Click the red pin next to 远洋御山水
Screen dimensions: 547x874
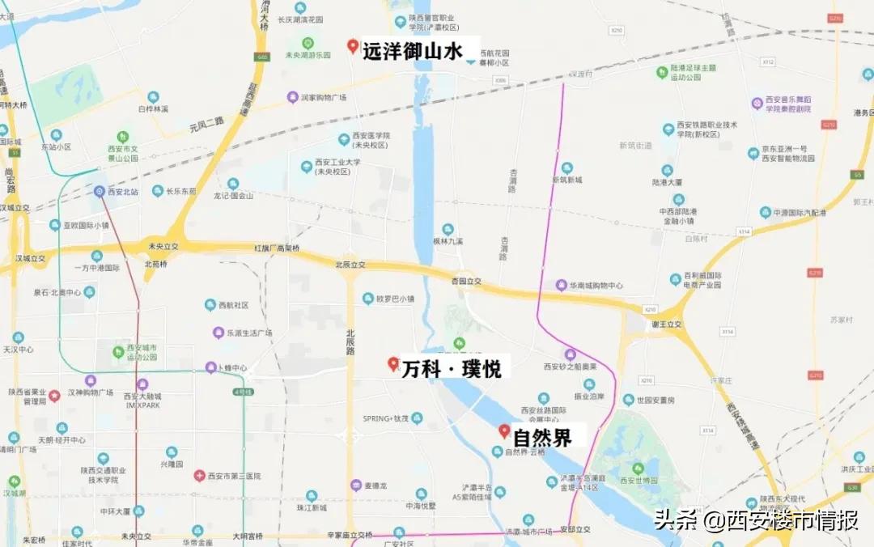353,46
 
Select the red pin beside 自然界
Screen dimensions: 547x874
504,431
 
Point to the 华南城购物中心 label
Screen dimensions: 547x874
595,285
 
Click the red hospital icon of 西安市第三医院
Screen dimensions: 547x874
199,476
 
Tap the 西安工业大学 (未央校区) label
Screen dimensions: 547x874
335,167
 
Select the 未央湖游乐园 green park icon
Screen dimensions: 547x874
308,43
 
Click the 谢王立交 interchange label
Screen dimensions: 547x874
667,324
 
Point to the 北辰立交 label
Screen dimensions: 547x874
350,265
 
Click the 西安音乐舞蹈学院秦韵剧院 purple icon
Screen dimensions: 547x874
757,103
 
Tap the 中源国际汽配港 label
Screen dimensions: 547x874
798,213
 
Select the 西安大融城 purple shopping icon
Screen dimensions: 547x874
142,384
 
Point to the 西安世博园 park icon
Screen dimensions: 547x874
639,468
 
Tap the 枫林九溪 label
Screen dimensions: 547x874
448,240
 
